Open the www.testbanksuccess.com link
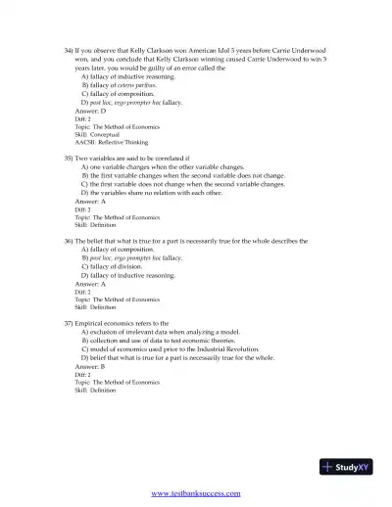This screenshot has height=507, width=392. (197, 495)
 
